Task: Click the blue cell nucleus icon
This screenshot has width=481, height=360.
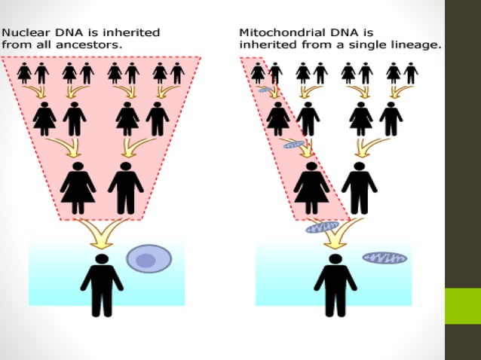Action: tap(149, 259)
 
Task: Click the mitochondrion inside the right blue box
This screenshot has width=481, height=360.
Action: tap(384, 258)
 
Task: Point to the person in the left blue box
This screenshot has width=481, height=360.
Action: tap(102, 285)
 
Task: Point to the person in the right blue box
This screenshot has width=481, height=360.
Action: tap(335, 285)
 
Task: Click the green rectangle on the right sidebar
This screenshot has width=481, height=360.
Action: tap(462, 305)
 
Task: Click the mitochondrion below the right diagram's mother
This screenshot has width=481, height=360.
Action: tap(323, 226)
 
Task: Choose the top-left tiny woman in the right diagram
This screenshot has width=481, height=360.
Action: tap(258, 73)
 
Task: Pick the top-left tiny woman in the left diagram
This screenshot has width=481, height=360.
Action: tap(25, 73)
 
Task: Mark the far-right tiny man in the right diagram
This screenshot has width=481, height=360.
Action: tap(411, 73)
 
